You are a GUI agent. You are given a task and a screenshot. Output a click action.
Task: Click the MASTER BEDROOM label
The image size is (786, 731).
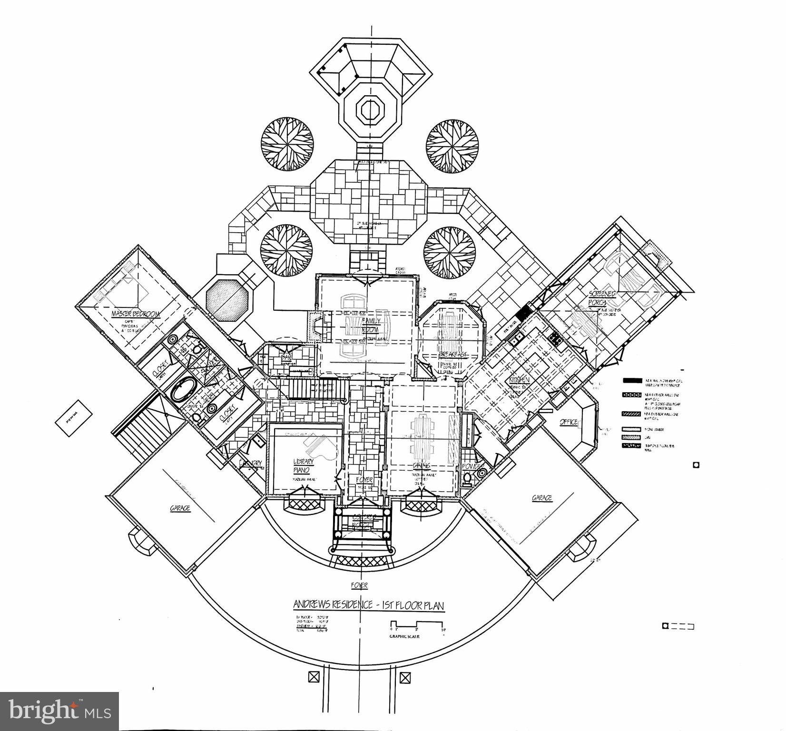(136, 314)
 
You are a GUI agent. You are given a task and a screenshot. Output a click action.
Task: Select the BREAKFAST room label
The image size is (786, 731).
(452, 355)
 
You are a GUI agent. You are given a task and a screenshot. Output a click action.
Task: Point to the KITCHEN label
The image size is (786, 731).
(520, 380)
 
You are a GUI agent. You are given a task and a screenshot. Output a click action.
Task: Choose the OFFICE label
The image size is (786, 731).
(568, 422)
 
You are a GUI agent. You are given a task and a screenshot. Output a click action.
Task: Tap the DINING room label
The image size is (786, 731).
(422, 465)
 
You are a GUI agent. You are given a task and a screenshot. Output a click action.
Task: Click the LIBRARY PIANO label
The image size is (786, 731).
(303, 466)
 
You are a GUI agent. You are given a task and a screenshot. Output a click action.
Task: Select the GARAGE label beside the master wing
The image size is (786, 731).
(180, 508)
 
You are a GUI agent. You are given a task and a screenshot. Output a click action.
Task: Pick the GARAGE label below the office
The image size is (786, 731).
(541, 498)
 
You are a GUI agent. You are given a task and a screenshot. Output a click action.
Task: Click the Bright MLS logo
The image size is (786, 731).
(59, 711)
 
